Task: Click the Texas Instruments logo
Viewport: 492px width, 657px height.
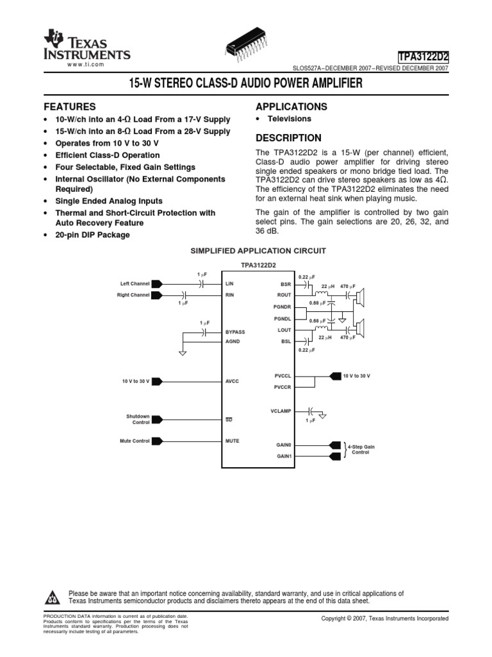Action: click(86, 46)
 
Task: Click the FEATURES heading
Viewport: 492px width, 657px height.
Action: click(69, 107)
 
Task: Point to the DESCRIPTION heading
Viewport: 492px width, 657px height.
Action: click(288, 138)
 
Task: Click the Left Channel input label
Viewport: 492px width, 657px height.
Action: click(135, 283)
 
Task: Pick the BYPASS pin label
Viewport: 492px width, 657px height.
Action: click(235, 332)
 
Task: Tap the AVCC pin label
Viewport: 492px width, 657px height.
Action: click(232, 381)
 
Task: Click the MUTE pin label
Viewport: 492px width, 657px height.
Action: click(232, 441)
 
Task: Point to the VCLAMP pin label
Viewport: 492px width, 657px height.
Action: click(281, 411)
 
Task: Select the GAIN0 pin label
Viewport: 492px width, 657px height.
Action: click(284, 445)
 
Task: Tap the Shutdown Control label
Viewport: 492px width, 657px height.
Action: click(138, 419)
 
